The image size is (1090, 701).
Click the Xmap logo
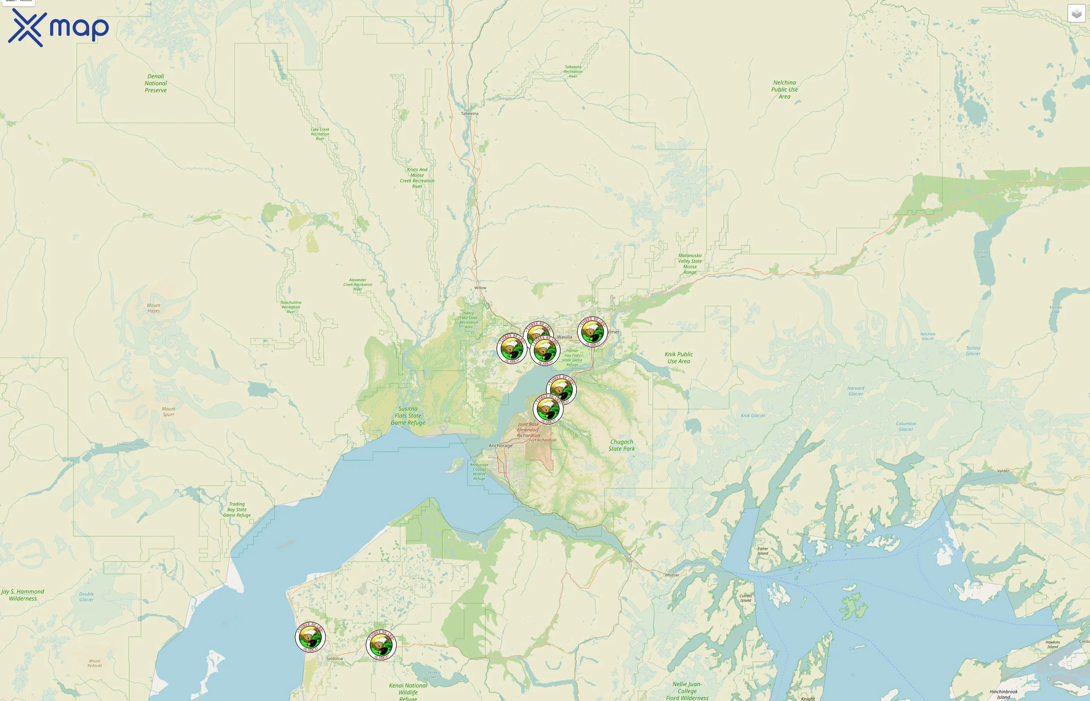tap(58, 28)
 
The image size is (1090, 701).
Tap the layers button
tap(1076, 14)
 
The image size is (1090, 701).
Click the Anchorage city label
tap(500, 446)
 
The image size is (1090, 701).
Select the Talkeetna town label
tap(469, 113)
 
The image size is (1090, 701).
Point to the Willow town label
tap(480, 288)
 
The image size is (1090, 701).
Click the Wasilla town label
tap(564, 337)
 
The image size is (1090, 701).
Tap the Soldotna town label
tap(334, 659)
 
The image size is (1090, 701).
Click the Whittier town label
tap(672, 575)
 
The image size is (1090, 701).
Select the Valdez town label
tap(1003, 471)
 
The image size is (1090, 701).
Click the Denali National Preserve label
tap(156, 83)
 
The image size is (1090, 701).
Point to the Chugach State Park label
tap(621, 445)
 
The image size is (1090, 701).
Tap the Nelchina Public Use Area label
tap(784, 89)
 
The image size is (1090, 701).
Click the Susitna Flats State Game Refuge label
tap(408, 416)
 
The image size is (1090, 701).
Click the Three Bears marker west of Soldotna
tap(310, 636)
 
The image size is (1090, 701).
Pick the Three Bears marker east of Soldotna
tap(381, 644)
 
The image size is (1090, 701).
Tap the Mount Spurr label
tap(168, 412)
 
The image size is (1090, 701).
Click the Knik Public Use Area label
tap(678, 358)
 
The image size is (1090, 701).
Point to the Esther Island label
tap(763, 551)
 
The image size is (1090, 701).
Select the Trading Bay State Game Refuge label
tap(237, 509)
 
